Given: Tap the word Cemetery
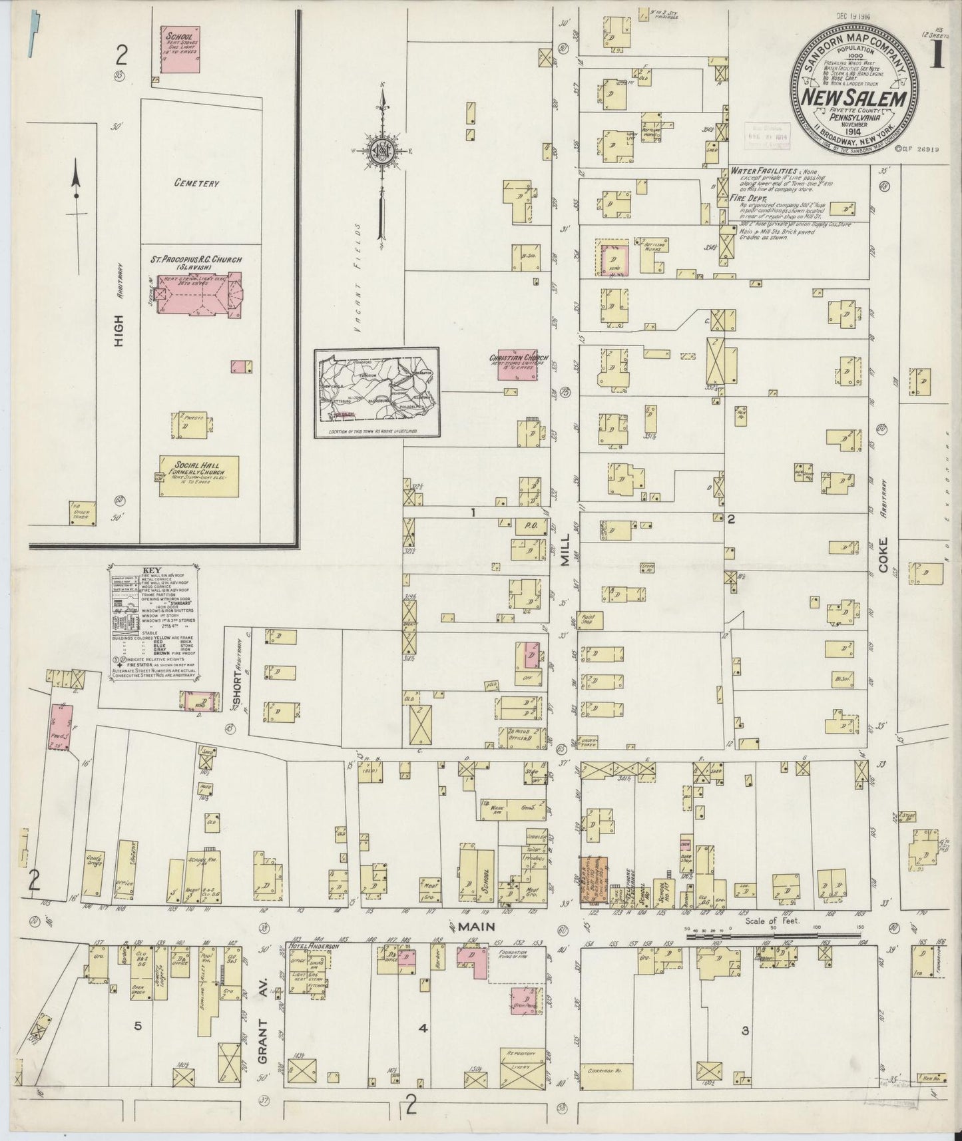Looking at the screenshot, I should (x=196, y=184).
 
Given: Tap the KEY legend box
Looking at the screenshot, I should (x=154, y=621).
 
